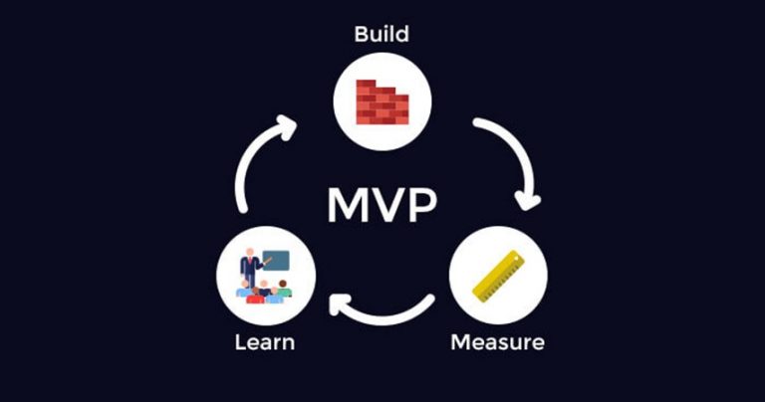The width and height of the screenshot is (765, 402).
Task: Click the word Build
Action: [382, 35]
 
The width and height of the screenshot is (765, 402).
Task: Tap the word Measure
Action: [497, 343]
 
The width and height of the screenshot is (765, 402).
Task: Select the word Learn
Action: [264, 343]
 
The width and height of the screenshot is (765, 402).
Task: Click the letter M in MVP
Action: [349, 205]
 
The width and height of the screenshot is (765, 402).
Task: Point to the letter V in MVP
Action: [389, 205]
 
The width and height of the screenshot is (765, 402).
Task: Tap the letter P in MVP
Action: [422, 205]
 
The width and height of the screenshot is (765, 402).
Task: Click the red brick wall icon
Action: [382, 100]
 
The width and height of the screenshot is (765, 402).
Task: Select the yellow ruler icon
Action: [497, 276]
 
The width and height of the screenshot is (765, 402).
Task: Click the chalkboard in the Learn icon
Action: [277, 261]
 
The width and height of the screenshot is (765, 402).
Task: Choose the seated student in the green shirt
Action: [284, 290]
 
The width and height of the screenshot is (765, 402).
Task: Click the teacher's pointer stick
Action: [266, 262]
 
